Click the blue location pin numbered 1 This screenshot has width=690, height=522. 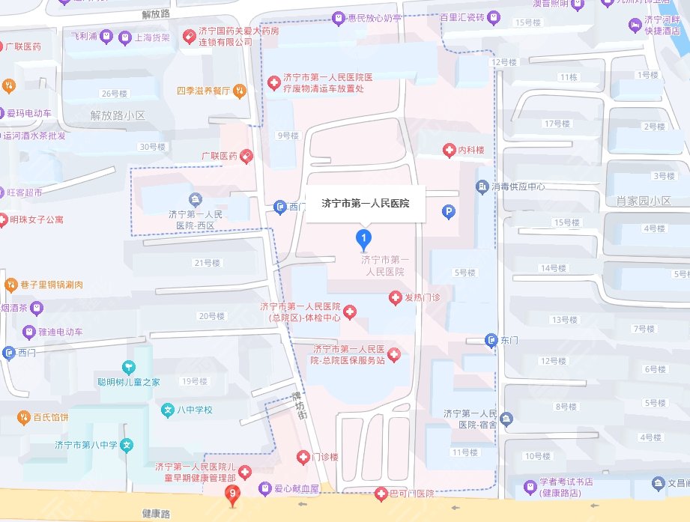pyautogui.click(x=363, y=240)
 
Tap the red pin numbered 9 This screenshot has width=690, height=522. pyautogui.click(x=234, y=493)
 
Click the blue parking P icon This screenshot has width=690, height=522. pyautogui.click(x=449, y=213)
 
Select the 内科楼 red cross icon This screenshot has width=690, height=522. pyautogui.click(x=449, y=151)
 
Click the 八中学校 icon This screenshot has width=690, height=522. pyautogui.click(x=168, y=410)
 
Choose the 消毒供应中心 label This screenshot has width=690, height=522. pyautogui.click(x=518, y=186)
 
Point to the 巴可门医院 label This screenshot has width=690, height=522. pyautogui.click(x=412, y=494)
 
